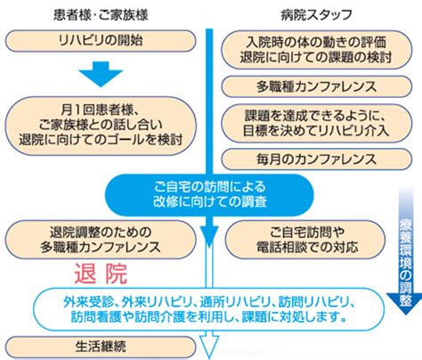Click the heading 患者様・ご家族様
[x=101, y=14]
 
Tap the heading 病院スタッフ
[x=316, y=14]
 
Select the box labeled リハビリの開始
[x=101, y=41]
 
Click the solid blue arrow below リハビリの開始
[x=101, y=74]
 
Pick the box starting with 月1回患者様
[x=101, y=126]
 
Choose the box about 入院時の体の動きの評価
[x=317, y=50]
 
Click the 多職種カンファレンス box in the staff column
[x=317, y=86]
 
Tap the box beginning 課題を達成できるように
[x=317, y=123]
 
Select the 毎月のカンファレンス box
[x=317, y=160]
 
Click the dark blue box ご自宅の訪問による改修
[x=209, y=194]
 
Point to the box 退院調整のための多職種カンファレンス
[x=101, y=240]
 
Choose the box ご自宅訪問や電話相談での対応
[x=305, y=240]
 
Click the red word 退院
[x=101, y=274]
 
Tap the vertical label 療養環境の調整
[x=405, y=263]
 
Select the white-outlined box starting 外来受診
[x=209, y=309]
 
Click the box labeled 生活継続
[x=101, y=347]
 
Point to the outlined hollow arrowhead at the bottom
[x=209, y=347]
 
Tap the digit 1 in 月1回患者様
[x=77, y=110]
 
